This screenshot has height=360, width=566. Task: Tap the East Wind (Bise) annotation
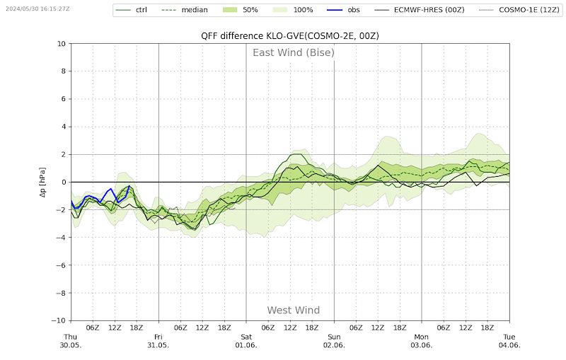(294, 52)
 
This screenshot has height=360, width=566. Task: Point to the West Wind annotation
(294, 310)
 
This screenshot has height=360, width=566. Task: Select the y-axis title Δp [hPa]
(42, 182)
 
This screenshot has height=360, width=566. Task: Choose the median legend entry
(185, 10)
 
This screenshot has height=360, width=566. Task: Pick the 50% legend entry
(240, 10)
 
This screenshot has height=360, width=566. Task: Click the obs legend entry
(343, 10)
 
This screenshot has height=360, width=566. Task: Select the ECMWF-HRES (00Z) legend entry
(420, 10)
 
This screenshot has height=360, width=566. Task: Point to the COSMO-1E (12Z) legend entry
(519, 10)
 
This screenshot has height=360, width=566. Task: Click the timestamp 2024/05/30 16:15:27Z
(37, 8)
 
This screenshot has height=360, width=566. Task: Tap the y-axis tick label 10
(62, 44)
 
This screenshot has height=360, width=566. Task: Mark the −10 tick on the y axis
(61, 320)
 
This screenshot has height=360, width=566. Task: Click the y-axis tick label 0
(64, 182)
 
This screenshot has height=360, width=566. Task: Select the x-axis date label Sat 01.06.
(246, 341)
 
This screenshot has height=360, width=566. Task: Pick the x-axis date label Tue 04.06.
(509, 341)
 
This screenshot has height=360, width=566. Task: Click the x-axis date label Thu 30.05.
(71, 341)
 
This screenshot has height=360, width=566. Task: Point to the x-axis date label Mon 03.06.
(421, 341)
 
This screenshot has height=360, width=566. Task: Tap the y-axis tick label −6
(61, 265)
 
